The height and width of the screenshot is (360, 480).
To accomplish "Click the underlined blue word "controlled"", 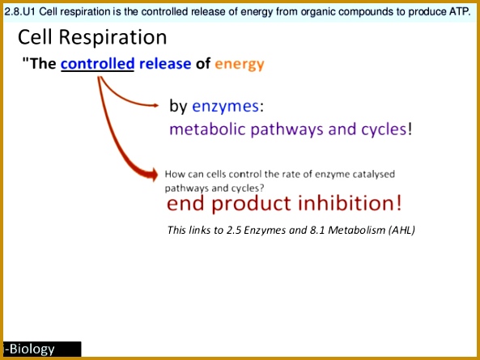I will coord(97,64).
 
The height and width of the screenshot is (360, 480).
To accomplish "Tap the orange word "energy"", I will coord(240,64).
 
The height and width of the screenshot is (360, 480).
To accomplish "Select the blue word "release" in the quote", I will coord(165,64).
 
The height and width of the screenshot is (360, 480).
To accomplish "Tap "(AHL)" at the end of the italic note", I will coord(401,230).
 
